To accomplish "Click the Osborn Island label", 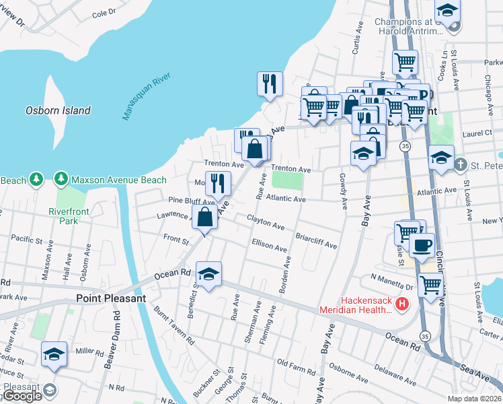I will (x=58, y=110).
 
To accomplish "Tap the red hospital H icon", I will (x=402, y=304).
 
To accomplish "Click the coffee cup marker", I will (x=422, y=246).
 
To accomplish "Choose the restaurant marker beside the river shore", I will (x=270, y=84).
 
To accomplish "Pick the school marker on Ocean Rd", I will (x=208, y=275).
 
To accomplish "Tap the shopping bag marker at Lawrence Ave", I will (x=205, y=217).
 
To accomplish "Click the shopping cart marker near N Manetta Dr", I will (x=430, y=285).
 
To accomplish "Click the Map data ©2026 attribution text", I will (x=474, y=399).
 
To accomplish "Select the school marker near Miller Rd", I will (x=54, y=354).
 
